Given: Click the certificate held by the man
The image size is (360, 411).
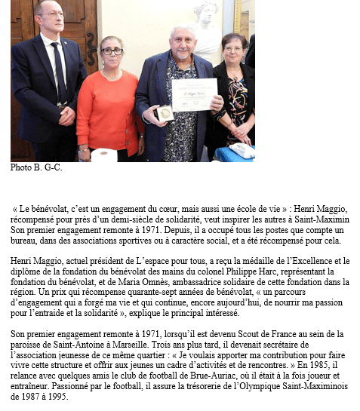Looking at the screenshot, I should [194, 94].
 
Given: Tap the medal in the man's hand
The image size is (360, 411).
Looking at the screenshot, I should [165, 113].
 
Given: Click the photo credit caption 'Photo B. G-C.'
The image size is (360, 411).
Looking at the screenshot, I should [36, 167].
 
